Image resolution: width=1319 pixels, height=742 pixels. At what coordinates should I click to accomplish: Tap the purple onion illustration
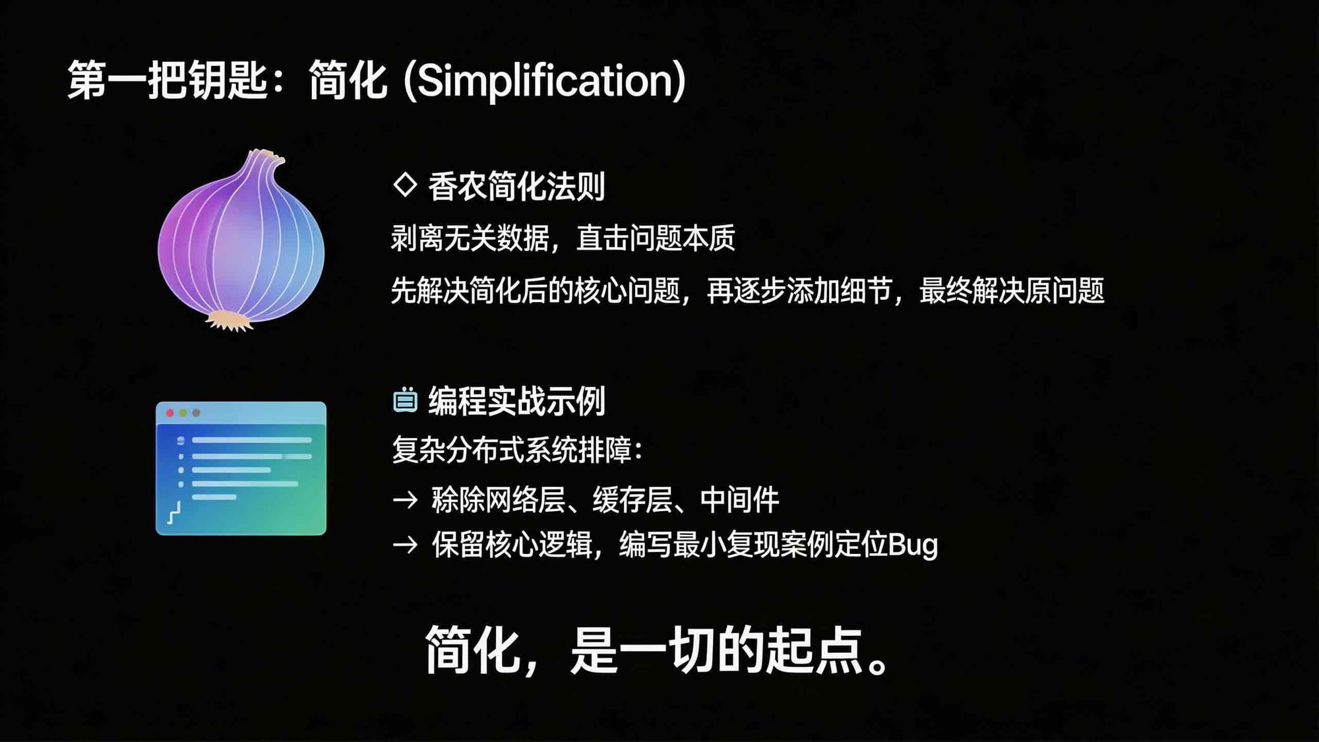(241, 240)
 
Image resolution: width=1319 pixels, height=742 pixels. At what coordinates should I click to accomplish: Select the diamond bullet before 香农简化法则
(405, 185)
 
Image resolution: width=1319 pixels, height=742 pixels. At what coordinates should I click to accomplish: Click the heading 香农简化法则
(517, 187)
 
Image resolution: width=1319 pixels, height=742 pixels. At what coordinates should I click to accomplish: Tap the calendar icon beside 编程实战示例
(405, 400)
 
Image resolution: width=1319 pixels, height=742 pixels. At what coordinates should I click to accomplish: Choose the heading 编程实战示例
(517, 401)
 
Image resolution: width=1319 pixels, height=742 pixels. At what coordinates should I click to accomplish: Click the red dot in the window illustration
(170, 413)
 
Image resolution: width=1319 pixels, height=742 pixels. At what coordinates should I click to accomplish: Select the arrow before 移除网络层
(405, 500)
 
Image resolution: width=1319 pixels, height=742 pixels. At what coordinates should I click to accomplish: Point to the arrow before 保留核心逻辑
(405, 545)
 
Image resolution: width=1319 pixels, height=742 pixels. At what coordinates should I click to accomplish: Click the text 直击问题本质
(656, 238)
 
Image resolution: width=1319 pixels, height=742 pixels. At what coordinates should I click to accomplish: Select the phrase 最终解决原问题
(1012, 290)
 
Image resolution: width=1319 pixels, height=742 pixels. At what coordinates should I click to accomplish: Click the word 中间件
(739, 500)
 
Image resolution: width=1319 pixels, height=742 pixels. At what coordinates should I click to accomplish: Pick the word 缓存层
(632, 500)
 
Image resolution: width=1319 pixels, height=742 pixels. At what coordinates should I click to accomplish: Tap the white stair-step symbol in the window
(174, 512)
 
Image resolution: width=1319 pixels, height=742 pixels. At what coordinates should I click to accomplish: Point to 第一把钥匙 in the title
(168, 80)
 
